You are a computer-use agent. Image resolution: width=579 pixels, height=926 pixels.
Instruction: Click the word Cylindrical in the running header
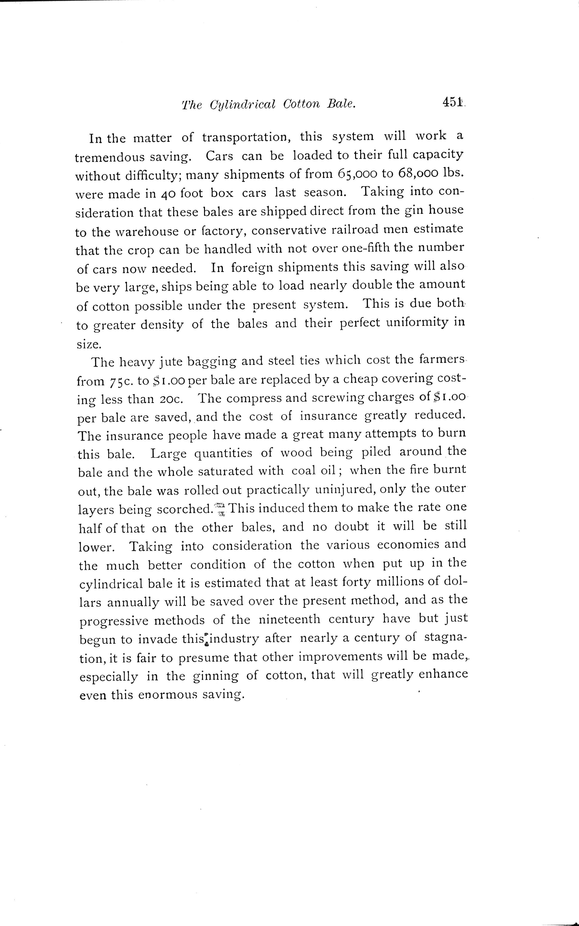pos(243,104)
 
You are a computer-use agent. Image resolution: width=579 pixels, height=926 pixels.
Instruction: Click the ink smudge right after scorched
pos(221,509)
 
